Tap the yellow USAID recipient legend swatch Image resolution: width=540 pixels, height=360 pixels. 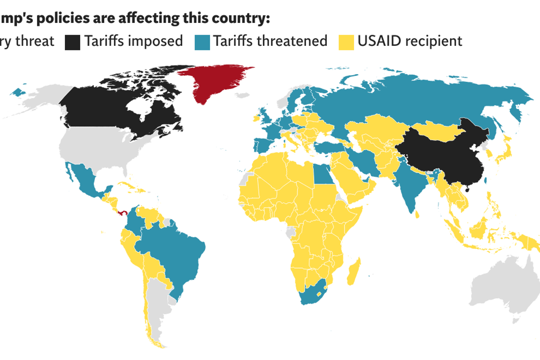pos(346,41)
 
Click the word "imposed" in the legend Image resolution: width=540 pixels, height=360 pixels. pos(155,41)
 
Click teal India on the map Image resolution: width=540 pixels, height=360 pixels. pos(407,184)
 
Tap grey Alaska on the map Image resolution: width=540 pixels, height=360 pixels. pos(40,97)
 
